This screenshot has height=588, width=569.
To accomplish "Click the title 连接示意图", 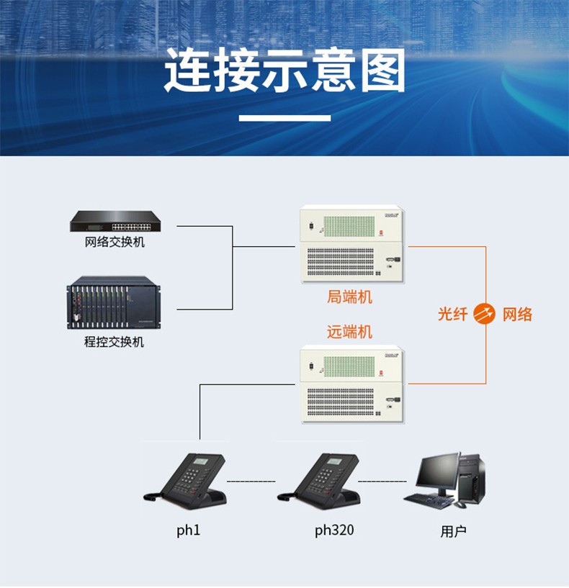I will point(284,71).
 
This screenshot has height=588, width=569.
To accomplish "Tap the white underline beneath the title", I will point(284,117).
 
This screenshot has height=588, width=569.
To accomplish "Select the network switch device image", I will point(115,222).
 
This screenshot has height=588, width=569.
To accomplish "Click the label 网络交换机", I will point(115,242).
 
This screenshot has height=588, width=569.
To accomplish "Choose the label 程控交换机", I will point(115,342).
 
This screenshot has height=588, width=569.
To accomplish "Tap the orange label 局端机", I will point(350,296).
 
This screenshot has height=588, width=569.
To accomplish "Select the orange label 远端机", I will point(350,332).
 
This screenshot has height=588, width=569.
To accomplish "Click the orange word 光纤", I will point(453,314).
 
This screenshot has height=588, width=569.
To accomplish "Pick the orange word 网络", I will point(517,314).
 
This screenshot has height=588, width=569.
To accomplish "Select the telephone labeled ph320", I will point(321,479).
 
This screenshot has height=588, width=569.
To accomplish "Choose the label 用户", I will point(453,532).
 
